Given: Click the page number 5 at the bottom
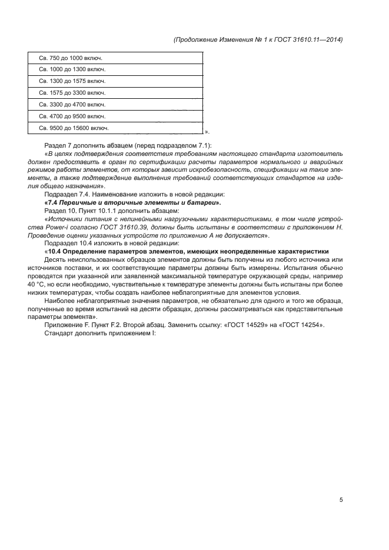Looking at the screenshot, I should point(341,500).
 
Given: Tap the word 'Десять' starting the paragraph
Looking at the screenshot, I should point(56,260).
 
